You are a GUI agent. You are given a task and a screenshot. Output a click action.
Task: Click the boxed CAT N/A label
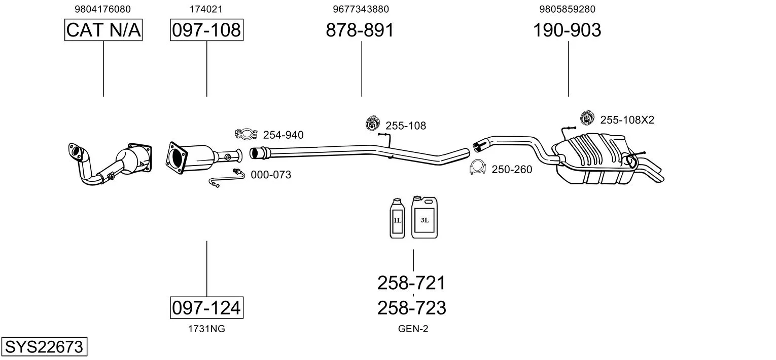pos(103,30)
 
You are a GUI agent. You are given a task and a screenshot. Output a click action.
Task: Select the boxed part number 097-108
pos(206,30)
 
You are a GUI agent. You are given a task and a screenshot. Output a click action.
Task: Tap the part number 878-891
pos(360,30)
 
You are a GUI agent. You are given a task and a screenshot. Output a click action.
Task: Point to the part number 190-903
pos(567,30)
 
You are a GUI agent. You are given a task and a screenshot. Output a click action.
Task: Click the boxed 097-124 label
pos(206,307)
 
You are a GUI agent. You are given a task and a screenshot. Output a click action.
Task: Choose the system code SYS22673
pos(44,346)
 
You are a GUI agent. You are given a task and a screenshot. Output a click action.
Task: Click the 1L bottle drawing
pos(397,218)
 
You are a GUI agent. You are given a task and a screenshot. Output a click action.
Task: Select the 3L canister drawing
pos(425,217)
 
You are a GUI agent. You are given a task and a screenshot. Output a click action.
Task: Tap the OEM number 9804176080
pos(103,9)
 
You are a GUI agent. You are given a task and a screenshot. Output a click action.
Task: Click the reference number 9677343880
pos(361,9)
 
